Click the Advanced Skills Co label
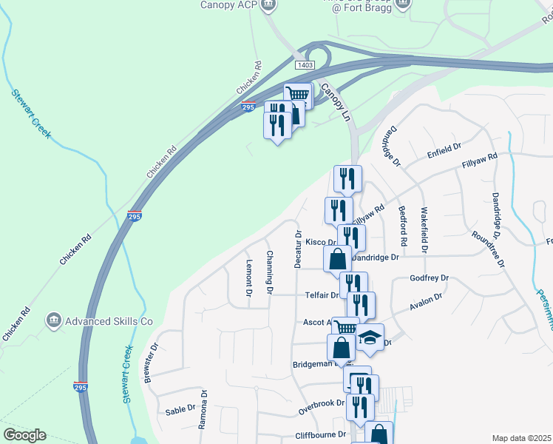point(109,321)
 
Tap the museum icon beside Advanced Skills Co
point(53,320)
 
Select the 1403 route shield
point(305,65)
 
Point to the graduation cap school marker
point(370,339)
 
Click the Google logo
point(24,435)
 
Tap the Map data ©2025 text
point(521,438)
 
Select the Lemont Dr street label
point(249,278)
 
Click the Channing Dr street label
point(270,272)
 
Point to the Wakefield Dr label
point(424,230)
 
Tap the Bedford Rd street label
point(403,226)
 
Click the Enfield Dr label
point(444,155)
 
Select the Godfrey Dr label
point(430,278)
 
